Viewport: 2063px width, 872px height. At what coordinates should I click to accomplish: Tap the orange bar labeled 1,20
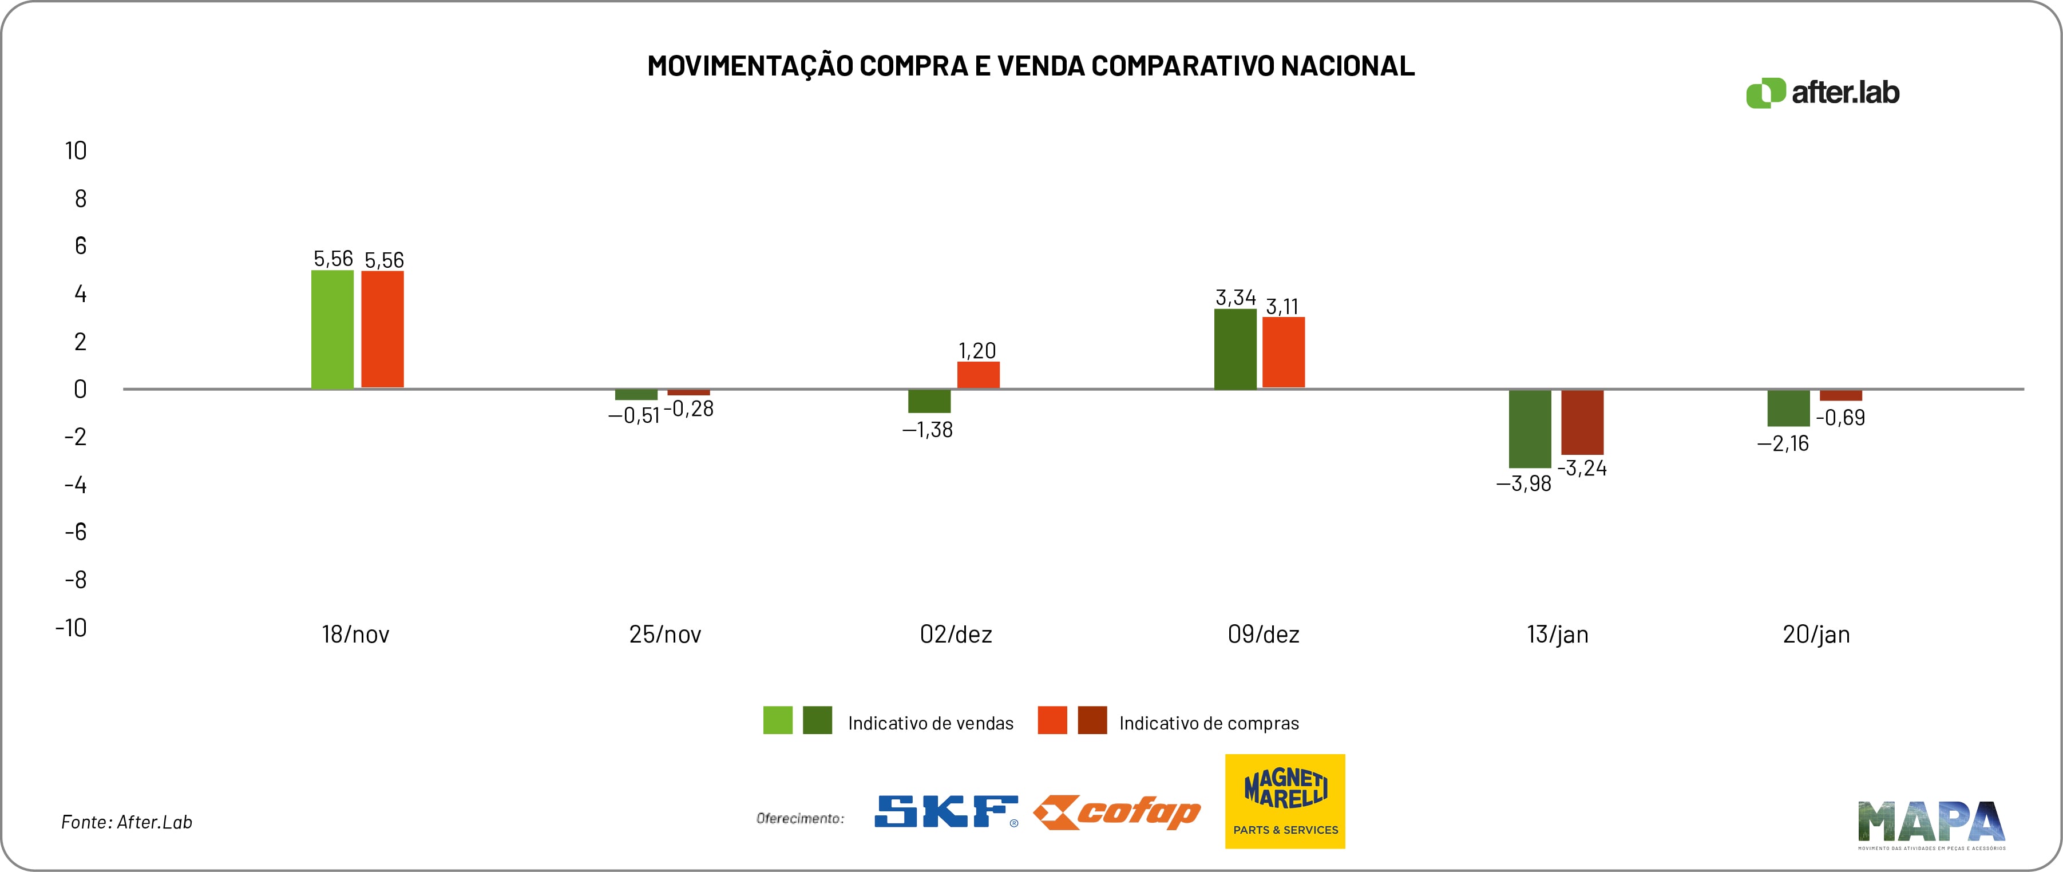pyautogui.click(x=978, y=375)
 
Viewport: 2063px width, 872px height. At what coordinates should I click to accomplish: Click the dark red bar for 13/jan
pyautogui.click(x=1582, y=422)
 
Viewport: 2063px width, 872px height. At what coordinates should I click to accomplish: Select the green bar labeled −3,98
pyautogui.click(x=1530, y=429)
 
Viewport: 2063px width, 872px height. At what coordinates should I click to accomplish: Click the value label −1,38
pyautogui.click(x=928, y=430)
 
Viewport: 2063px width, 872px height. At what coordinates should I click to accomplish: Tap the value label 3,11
pyautogui.click(x=1282, y=307)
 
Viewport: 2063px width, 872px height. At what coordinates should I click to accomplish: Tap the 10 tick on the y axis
pyautogui.click(x=76, y=150)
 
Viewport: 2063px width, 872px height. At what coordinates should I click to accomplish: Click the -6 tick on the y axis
pyautogui.click(x=76, y=532)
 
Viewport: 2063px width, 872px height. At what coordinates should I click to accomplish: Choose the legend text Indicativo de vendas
pyautogui.click(x=930, y=723)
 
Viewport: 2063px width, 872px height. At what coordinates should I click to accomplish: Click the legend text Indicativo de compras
pyautogui.click(x=1209, y=723)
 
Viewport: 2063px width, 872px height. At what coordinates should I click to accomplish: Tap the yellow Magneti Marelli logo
pyautogui.click(x=1285, y=800)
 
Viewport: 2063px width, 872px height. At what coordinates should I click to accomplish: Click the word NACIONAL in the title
pyautogui.click(x=1347, y=66)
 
